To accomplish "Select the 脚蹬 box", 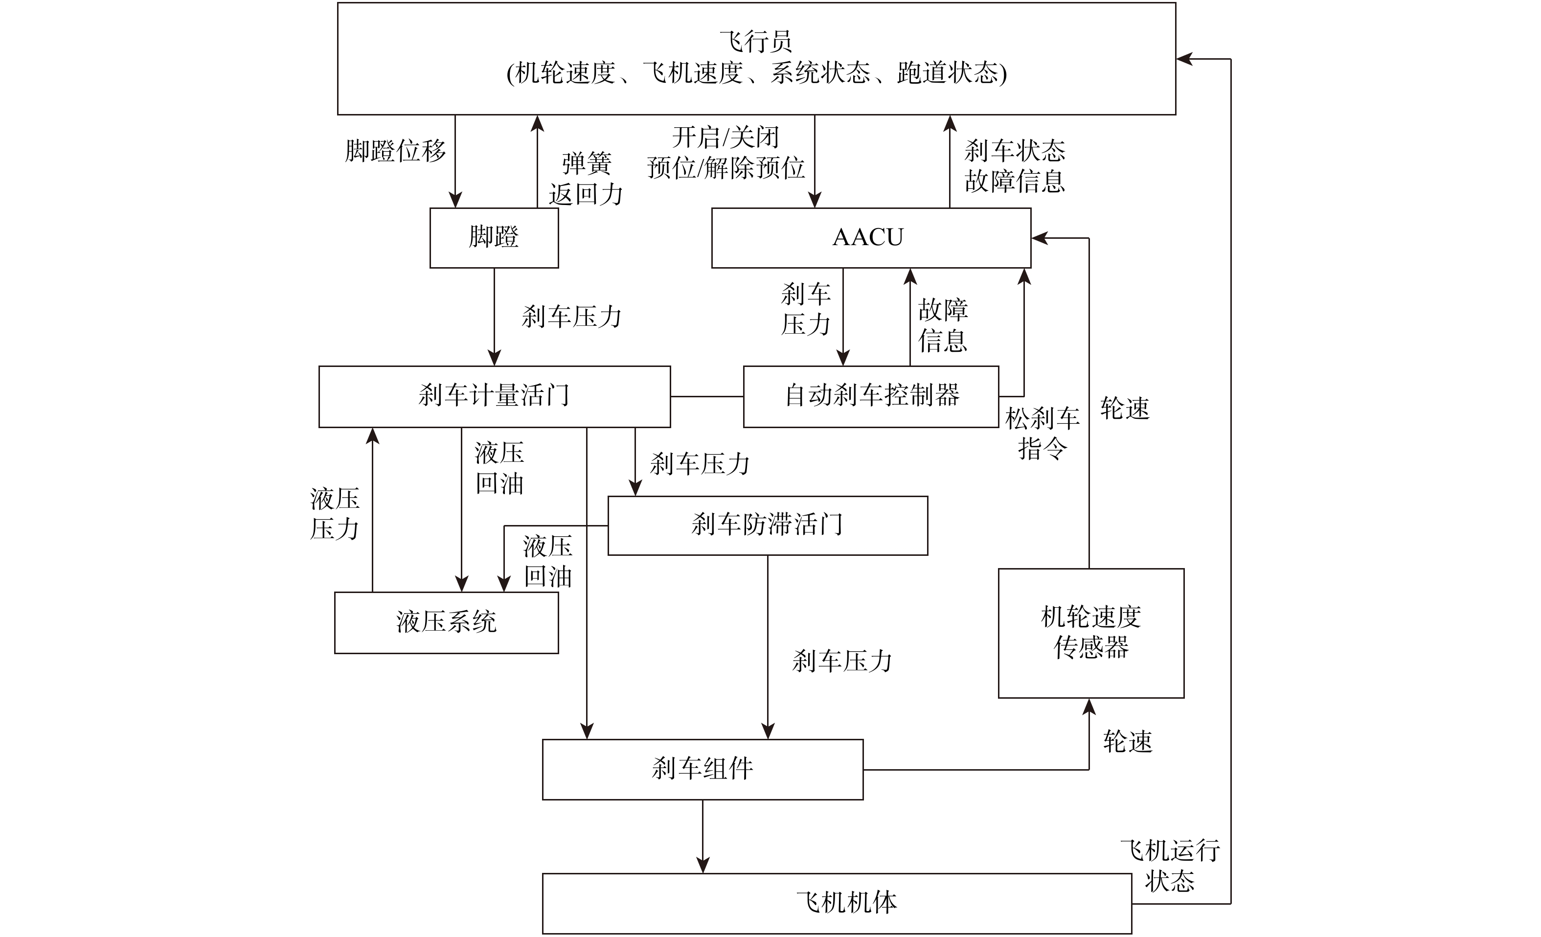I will (494, 238).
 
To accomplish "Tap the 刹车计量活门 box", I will (494, 396).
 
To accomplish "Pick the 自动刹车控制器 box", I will (871, 396).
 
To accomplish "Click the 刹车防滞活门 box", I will (768, 526).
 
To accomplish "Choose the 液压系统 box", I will (446, 622).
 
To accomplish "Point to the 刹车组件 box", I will (703, 769).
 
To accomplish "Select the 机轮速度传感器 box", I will (1091, 633).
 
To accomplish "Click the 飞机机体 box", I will (837, 903).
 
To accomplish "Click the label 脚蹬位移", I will (395, 151).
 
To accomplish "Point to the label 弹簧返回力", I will (586, 179).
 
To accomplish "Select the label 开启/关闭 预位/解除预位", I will (725, 153).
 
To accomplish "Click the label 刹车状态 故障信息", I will (1015, 166).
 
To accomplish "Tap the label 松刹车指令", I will (1042, 434).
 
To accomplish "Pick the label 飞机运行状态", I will (1170, 866).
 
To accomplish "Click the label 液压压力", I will (335, 514).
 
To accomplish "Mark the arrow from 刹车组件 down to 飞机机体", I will (703, 836).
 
